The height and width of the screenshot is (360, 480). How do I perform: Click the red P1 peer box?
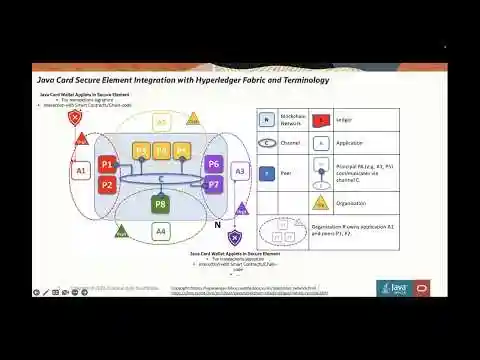point(107,165)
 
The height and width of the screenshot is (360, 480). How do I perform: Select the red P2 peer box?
point(107,184)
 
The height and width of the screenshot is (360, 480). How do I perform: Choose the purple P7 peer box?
point(213,185)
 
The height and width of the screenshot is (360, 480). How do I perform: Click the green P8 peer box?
point(161,205)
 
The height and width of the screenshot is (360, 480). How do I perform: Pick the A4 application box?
point(161,231)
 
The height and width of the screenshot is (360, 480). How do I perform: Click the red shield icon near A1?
point(75,118)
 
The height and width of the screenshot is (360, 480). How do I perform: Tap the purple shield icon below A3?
point(234,237)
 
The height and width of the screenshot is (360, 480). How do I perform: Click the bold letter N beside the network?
point(218,225)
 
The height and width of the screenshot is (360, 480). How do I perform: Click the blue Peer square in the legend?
point(267,172)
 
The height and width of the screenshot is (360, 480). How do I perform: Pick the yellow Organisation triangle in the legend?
point(322,200)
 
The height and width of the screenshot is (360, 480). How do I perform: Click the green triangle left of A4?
point(122,231)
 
